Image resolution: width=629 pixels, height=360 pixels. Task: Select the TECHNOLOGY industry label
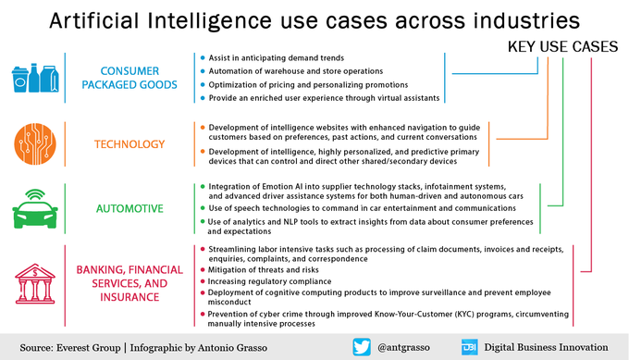pyautogui.click(x=129, y=144)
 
